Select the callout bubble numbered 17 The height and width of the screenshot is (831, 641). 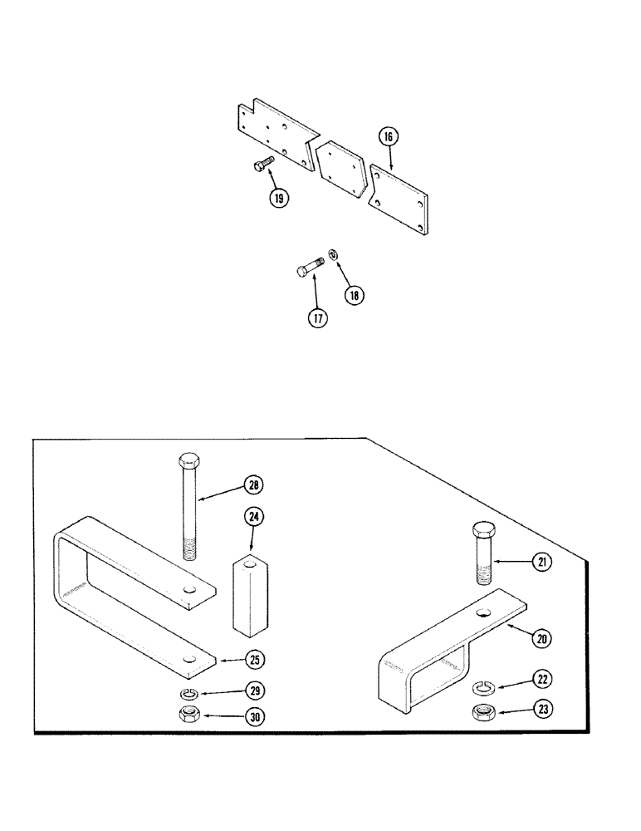pos(316,317)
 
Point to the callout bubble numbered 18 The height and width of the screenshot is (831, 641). pos(355,293)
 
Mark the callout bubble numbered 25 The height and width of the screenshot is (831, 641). pos(255,661)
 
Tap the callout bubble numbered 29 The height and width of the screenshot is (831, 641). pos(255,691)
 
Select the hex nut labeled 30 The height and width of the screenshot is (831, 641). pos(188,713)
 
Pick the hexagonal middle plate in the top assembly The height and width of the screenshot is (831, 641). pos(340,170)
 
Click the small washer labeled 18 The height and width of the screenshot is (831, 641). pos(332,255)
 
